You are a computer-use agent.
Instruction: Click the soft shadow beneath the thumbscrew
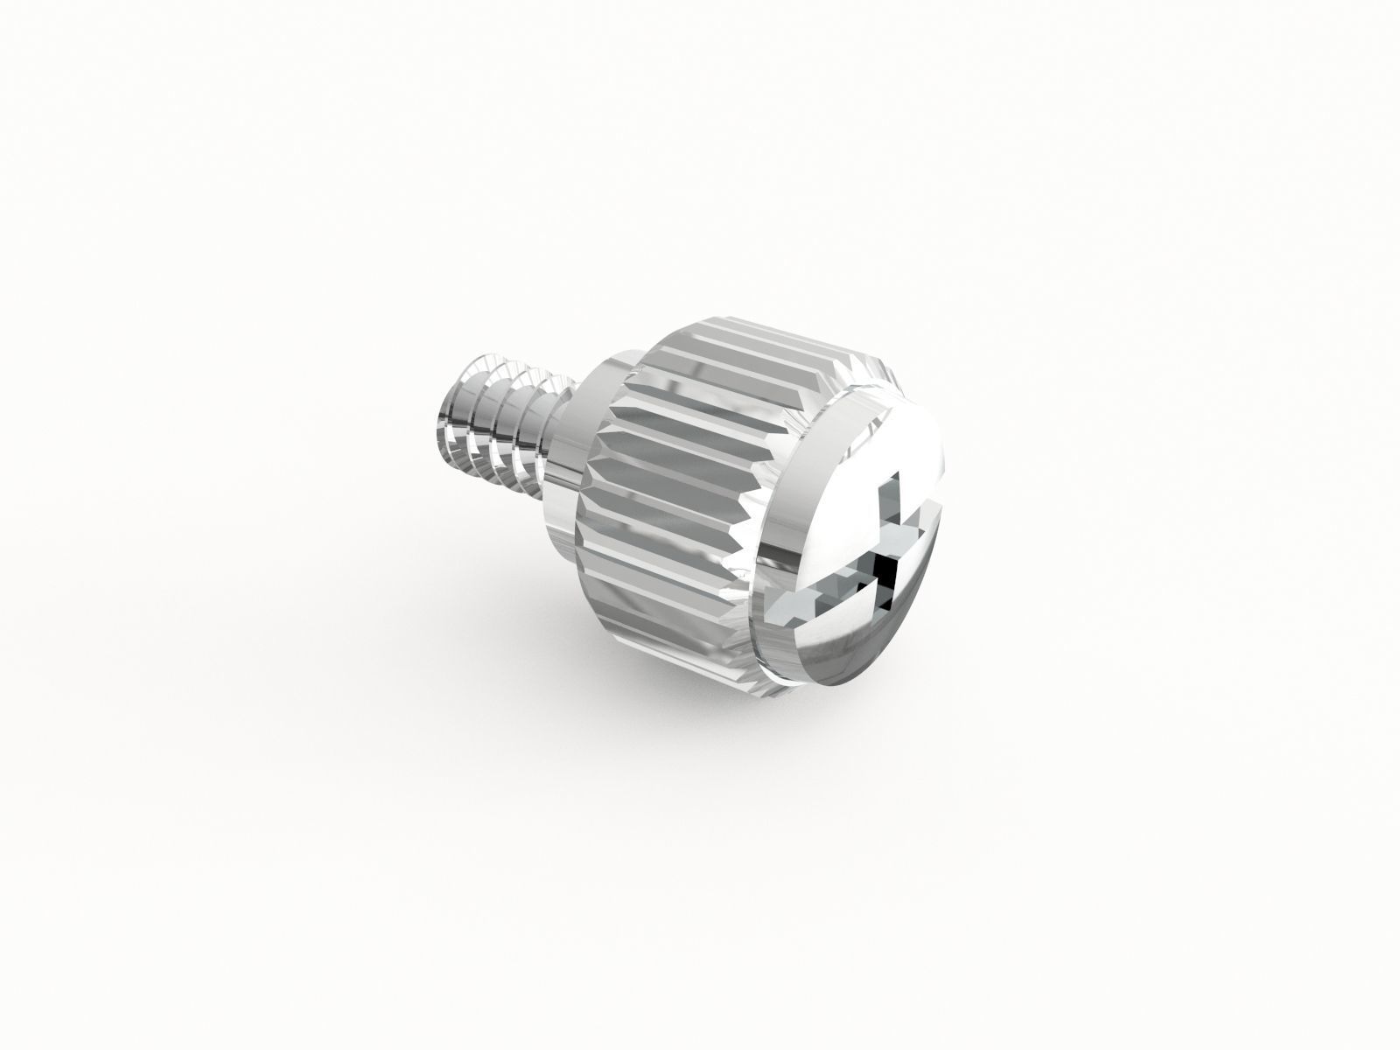[700, 691]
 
